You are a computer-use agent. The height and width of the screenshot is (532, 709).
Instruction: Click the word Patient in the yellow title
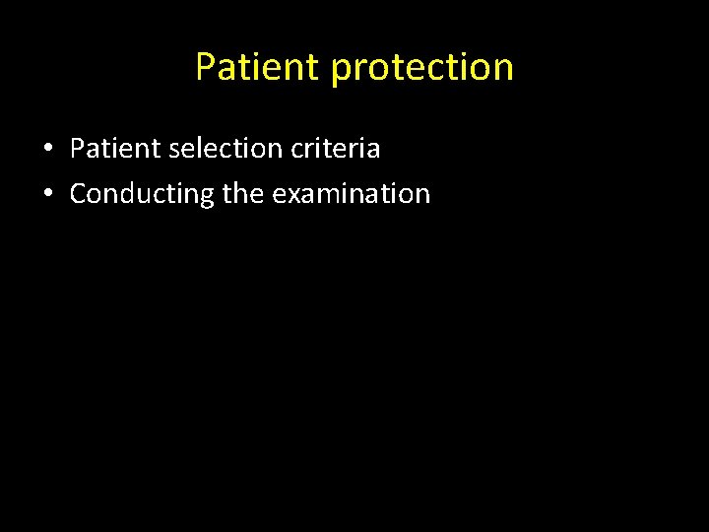(x=258, y=67)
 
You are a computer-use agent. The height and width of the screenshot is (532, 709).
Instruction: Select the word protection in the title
(x=422, y=67)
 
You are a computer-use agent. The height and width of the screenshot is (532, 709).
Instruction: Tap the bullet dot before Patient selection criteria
(x=47, y=150)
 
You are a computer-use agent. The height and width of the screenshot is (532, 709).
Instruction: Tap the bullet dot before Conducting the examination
(x=47, y=194)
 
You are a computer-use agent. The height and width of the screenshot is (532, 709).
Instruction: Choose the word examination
(x=352, y=193)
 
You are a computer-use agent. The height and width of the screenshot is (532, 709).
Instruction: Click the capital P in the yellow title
(x=206, y=67)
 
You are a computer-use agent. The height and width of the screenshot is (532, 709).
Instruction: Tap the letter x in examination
(x=293, y=194)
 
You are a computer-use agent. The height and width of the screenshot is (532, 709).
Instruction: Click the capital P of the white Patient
(x=77, y=149)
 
